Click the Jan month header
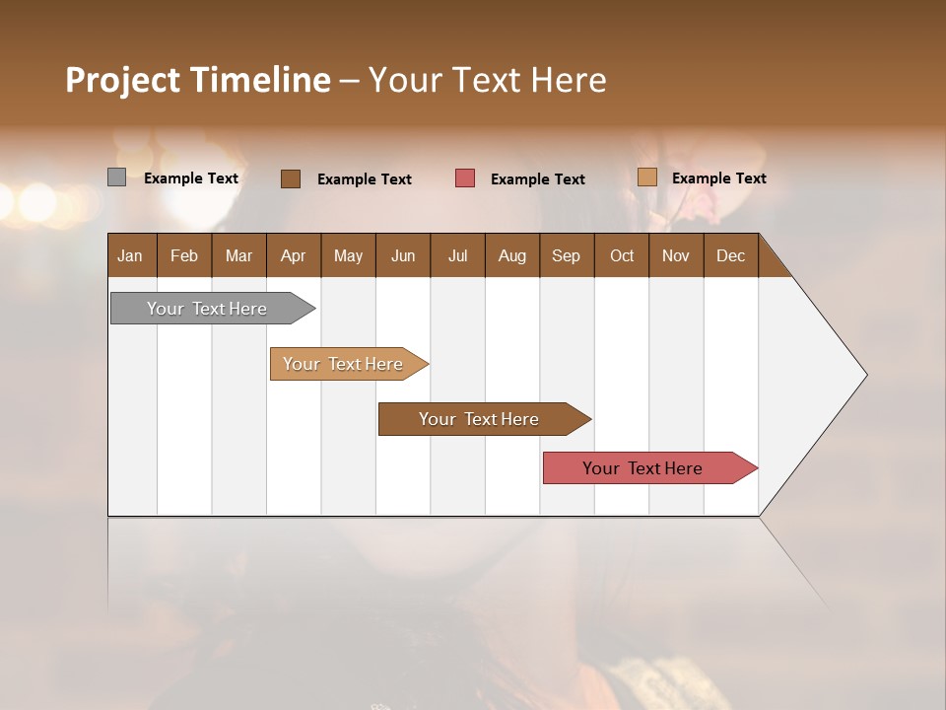[x=130, y=255]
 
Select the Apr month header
[x=293, y=255]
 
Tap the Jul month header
[x=457, y=255]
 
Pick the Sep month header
[x=566, y=255]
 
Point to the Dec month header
[x=730, y=255]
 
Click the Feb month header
[x=184, y=255]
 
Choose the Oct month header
[x=622, y=255]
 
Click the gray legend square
[x=116, y=177]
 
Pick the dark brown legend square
[x=290, y=178]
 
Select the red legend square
[x=465, y=178]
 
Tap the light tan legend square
[x=647, y=177]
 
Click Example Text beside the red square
[x=537, y=179]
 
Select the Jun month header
[x=403, y=255]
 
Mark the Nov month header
[x=675, y=255]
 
